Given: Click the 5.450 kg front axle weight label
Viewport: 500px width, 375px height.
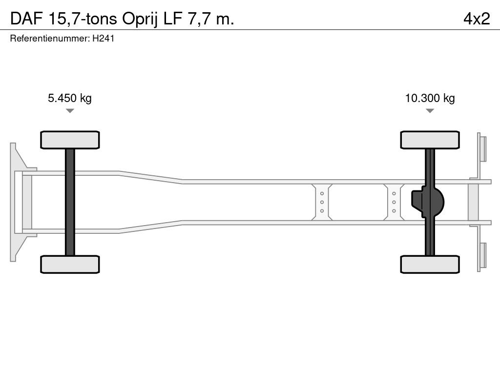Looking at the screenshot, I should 70,98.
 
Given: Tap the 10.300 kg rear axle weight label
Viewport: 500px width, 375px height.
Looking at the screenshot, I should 430,98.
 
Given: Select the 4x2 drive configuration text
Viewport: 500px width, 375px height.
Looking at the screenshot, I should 477,19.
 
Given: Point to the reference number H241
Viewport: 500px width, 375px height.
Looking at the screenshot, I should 104,39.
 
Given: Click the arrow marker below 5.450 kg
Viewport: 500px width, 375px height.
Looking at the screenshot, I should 70,111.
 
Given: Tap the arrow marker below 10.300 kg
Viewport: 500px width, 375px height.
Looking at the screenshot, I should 430,111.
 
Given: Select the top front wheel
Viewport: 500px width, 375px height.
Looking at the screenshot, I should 70,140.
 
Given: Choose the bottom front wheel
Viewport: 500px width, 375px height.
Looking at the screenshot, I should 70,264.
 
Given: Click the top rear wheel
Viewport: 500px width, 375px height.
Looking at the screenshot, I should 430,140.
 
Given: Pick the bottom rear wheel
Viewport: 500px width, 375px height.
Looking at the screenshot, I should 430,264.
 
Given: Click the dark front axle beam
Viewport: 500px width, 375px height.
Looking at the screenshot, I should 70,202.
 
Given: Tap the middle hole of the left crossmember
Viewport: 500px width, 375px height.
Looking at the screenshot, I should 322,202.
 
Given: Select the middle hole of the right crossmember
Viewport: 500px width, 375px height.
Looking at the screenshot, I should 394,202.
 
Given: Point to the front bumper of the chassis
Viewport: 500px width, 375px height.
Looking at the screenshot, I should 17,202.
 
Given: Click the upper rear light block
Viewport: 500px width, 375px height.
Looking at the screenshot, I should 483,148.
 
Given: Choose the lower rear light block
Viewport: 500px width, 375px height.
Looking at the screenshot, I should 483,255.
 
